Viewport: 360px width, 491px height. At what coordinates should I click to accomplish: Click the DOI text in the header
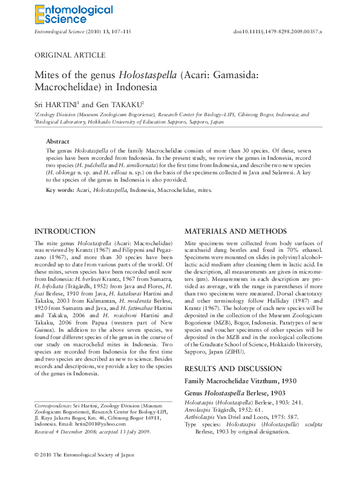pyautogui.click(x=278, y=31)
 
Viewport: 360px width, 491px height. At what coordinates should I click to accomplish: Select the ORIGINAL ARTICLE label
pyautogui.click(x=70, y=55)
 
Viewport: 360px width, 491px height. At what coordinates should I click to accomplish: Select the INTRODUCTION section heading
pyautogui.click(x=65, y=231)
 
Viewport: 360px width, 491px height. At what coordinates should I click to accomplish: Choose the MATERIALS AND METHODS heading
pyautogui.click(x=235, y=231)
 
